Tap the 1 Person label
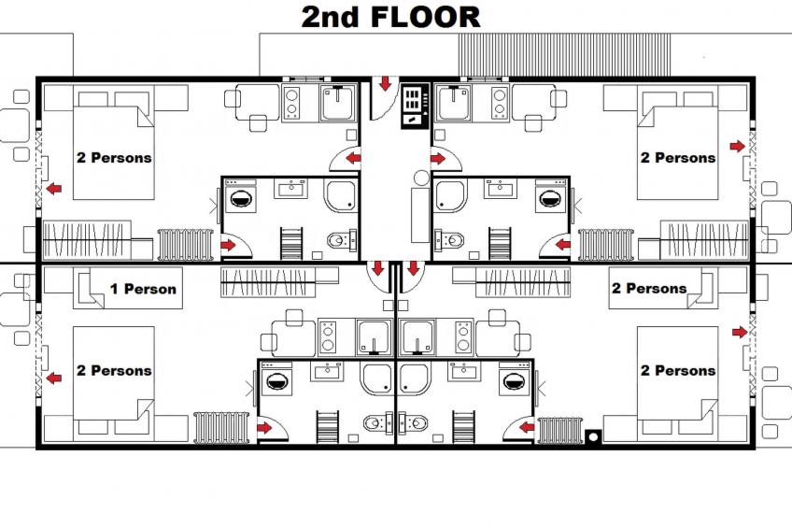click(142, 289)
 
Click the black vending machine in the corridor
click(413, 106)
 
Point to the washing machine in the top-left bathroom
click(244, 198)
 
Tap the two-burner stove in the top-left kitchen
click(290, 102)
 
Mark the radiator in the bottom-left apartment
click(220, 427)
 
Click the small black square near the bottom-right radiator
click(592, 435)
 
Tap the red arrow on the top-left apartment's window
click(55, 190)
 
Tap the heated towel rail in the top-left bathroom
click(292, 242)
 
